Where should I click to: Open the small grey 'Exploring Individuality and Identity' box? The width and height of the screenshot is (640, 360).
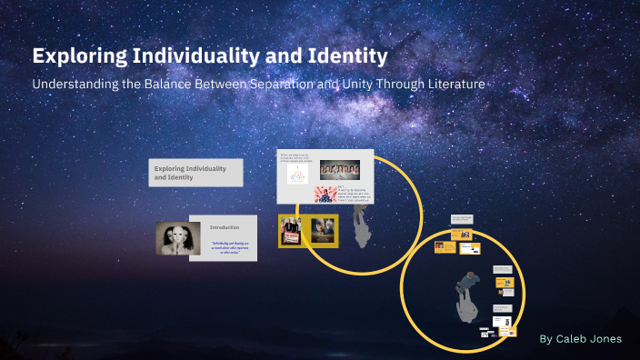tap(195, 173)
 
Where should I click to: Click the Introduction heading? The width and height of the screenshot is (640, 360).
tap(224, 226)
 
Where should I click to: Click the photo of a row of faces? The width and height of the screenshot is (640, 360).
tap(339, 170)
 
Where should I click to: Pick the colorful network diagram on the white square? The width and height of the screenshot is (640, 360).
tap(298, 174)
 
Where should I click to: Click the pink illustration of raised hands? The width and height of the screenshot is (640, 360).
tap(325, 194)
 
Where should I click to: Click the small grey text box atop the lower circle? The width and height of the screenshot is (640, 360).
tap(461, 220)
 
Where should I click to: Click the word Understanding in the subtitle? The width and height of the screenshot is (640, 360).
tap(76, 84)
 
